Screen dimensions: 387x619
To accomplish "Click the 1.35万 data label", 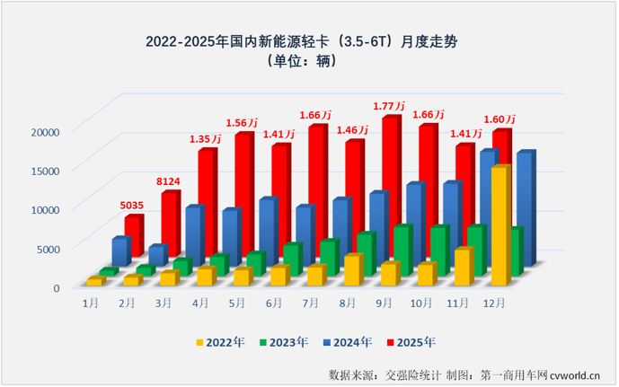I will tap(207, 139).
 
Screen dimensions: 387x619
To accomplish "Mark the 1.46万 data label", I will tap(353, 129).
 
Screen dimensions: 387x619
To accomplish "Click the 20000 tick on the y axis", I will tap(44, 131).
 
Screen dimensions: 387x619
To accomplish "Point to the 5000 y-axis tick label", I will tap(48, 249).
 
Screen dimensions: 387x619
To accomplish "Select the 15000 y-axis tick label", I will tap(44, 170).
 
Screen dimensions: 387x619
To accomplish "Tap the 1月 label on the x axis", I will tap(91, 303).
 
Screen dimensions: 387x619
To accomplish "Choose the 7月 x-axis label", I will tap(311, 303).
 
